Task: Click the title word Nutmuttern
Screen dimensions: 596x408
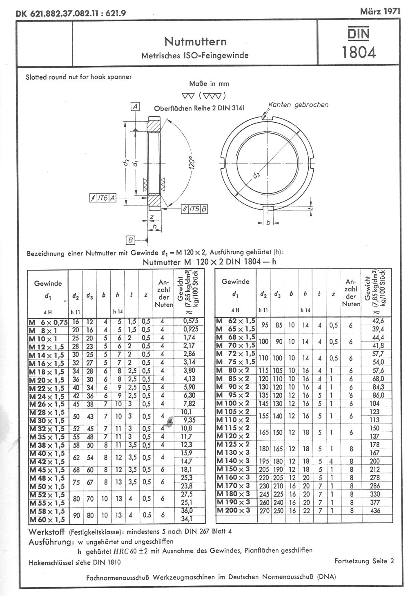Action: click(x=195, y=41)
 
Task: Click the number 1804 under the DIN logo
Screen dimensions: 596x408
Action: click(x=359, y=52)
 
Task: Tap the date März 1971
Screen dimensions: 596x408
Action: click(x=380, y=11)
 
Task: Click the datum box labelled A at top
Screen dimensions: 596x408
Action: click(x=135, y=107)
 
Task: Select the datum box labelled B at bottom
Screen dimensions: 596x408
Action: click(x=130, y=240)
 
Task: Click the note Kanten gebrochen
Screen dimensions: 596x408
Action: click(x=298, y=105)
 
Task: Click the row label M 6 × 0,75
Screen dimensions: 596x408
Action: click(x=48, y=322)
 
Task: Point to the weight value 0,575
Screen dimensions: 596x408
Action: click(x=188, y=321)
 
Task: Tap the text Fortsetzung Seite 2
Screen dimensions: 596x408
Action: click(x=364, y=561)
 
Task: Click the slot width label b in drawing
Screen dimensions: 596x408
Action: click(x=268, y=223)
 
